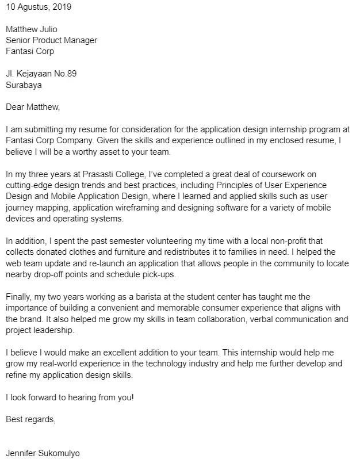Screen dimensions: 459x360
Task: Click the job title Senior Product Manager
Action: (x=51, y=40)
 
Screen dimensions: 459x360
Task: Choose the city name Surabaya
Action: (x=23, y=85)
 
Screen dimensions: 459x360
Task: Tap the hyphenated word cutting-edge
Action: (x=31, y=185)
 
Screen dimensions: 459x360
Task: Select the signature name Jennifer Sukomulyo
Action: (x=43, y=453)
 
